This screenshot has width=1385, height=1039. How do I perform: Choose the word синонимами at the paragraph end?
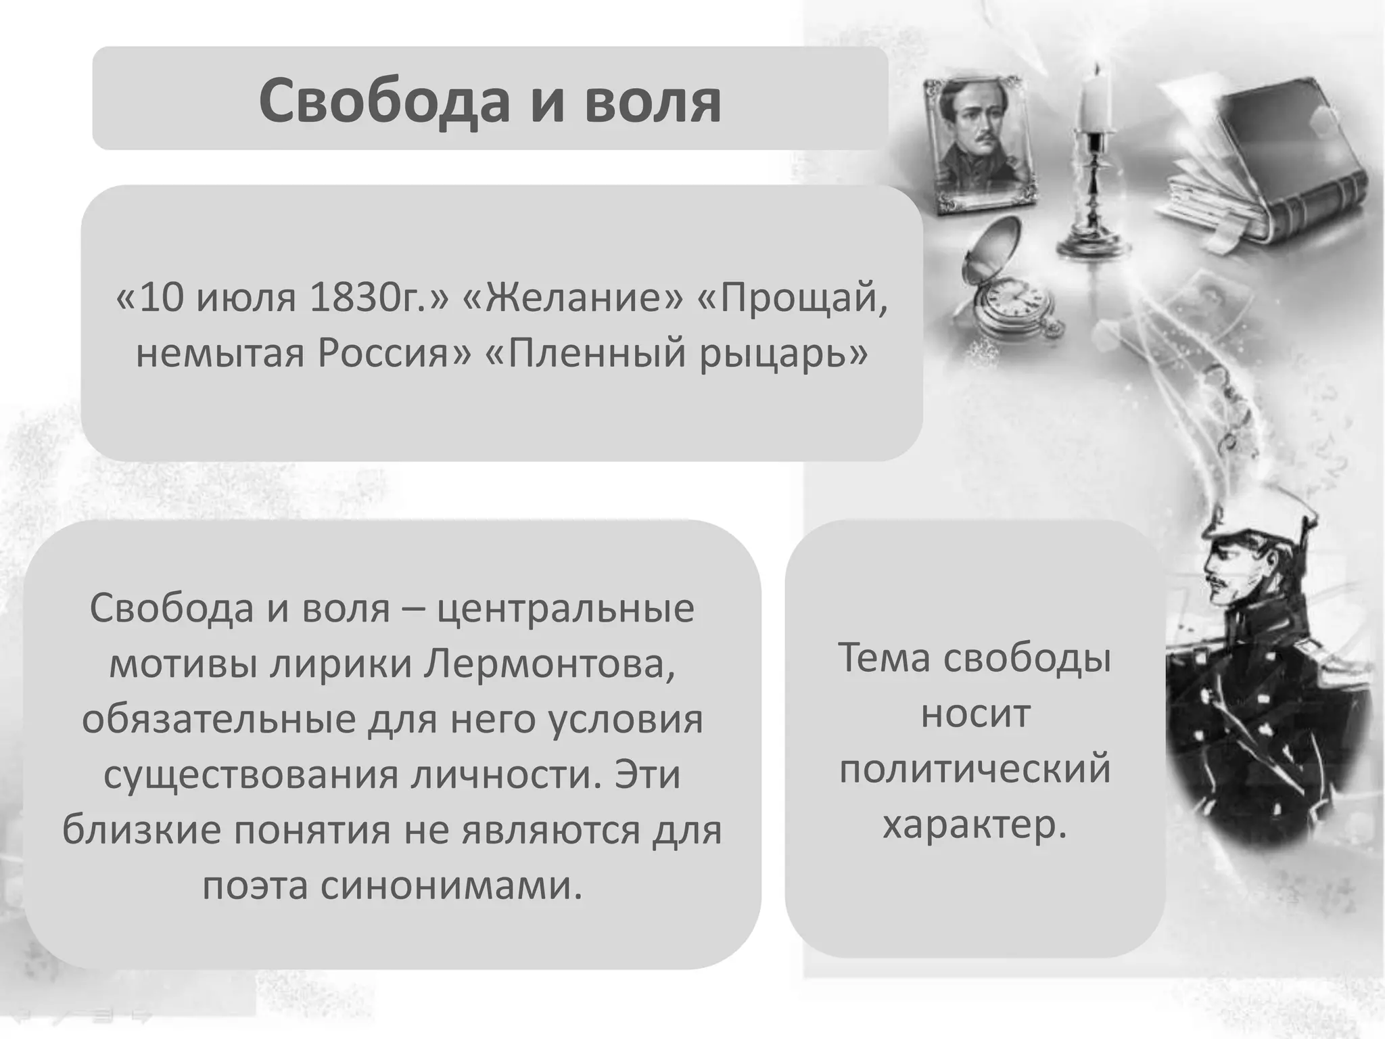(451, 885)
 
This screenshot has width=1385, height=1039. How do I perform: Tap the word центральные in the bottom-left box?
(565, 608)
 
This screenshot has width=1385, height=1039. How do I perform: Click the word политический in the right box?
(975, 769)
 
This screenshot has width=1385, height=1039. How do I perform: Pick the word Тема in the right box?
(884, 657)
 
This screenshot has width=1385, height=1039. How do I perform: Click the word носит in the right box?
(975, 713)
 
